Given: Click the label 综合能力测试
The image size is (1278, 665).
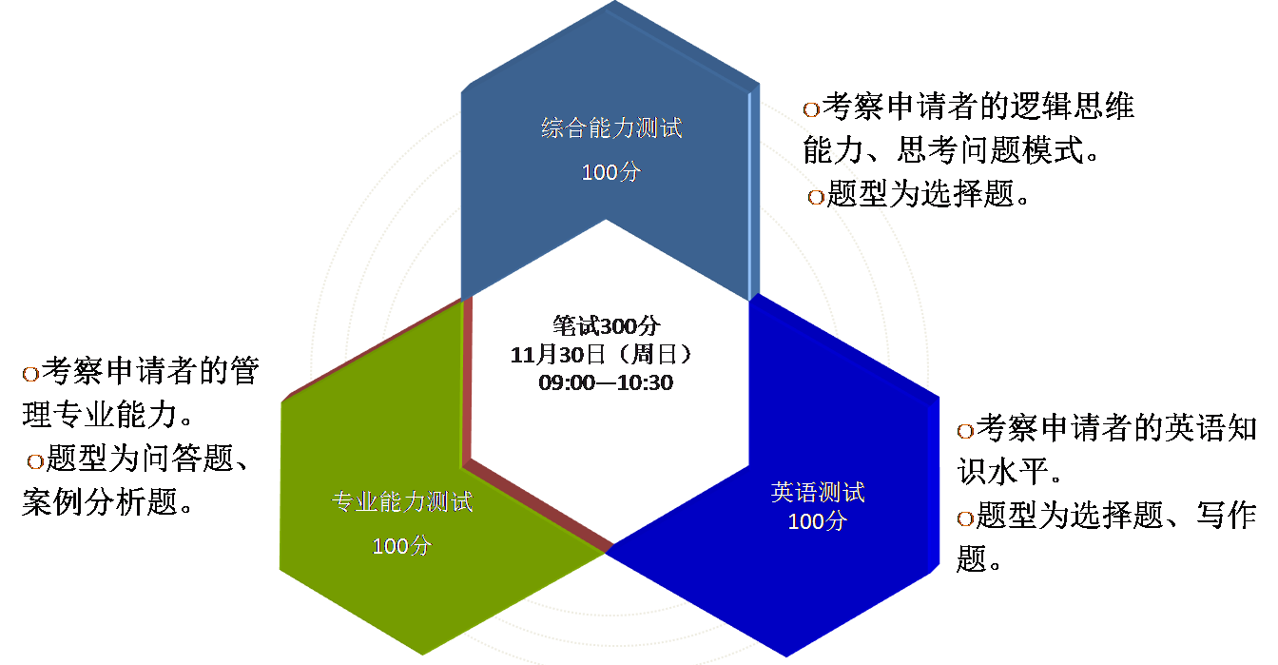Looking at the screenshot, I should (x=611, y=128).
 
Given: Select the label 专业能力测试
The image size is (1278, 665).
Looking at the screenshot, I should (x=401, y=501).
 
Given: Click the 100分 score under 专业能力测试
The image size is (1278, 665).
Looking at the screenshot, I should (x=401, y=546).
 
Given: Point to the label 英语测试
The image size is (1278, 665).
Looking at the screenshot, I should (x=817, y=493).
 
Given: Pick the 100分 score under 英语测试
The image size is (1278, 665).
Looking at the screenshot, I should (x=817, y=521).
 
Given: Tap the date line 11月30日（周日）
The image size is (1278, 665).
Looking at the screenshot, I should (x=606, y=355).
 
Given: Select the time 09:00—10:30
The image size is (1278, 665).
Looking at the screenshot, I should (x=606, y=382).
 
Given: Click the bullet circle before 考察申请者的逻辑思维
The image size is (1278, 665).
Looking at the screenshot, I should (x=811, y=109).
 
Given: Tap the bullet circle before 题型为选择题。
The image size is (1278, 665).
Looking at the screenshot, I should (x=816, y=197).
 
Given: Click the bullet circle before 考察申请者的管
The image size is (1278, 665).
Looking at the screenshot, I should (x=30, y=374).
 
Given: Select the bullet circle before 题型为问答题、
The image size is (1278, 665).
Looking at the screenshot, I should (x=36, y=461).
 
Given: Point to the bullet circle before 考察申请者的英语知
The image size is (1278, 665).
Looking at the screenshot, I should (x=964, y=431).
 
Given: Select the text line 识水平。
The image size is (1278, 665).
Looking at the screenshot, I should (x=1008, y=473).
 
